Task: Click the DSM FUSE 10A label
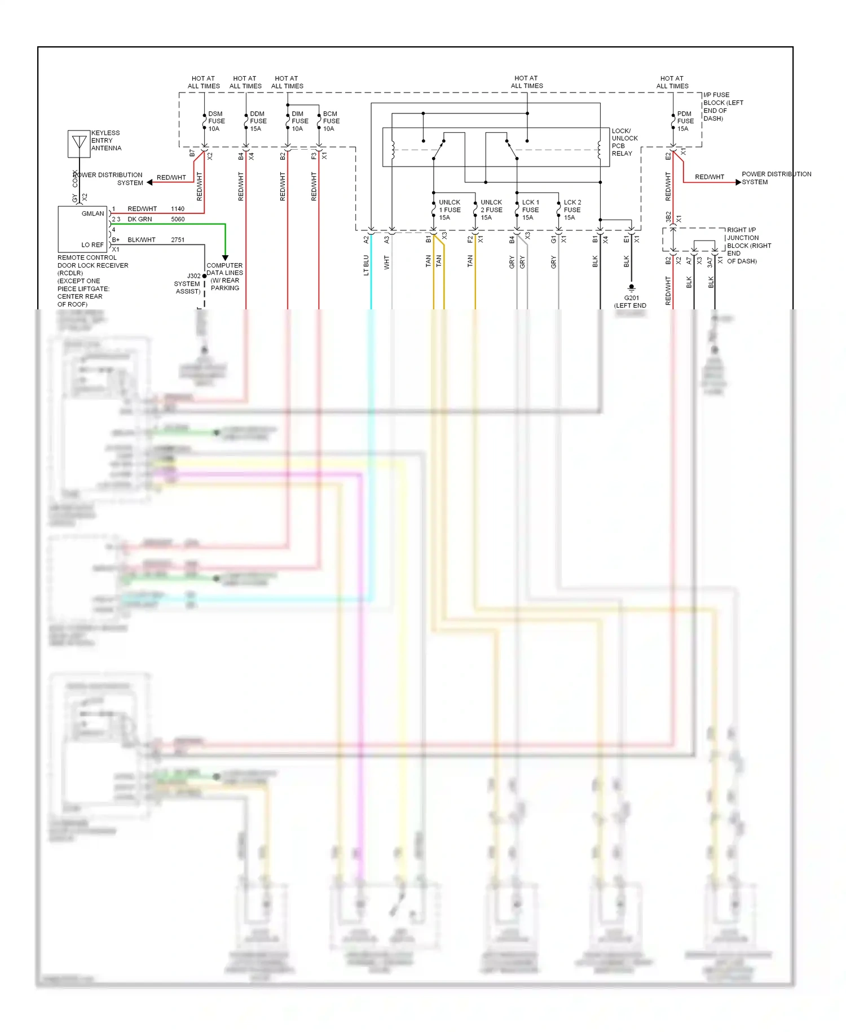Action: coord(216,121)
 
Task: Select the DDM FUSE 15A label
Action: coord(258,121)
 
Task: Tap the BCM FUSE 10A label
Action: coord(331,121)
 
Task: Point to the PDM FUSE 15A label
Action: coord(685,121)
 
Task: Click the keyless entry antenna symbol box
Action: coord(79,143)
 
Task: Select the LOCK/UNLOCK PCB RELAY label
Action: coord(624,142)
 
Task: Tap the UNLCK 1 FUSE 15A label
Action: coord(450,210)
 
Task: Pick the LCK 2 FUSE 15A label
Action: coord(572,210)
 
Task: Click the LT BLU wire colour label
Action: coord(366,265)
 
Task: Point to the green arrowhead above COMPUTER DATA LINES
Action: coord(225,257)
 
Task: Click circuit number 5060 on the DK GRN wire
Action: coord(178,219)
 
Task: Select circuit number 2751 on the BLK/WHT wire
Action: coord(178,240)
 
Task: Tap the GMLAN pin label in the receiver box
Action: coord(92,213)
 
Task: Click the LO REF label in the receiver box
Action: coord(92,245)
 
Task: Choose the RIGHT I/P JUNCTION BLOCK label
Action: coord(748,246)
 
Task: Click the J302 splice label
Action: coord(193,276)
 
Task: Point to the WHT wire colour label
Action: coord(387,263)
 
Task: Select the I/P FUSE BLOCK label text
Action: coord(723,107)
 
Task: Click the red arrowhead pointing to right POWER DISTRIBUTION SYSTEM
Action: coord(738,182)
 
